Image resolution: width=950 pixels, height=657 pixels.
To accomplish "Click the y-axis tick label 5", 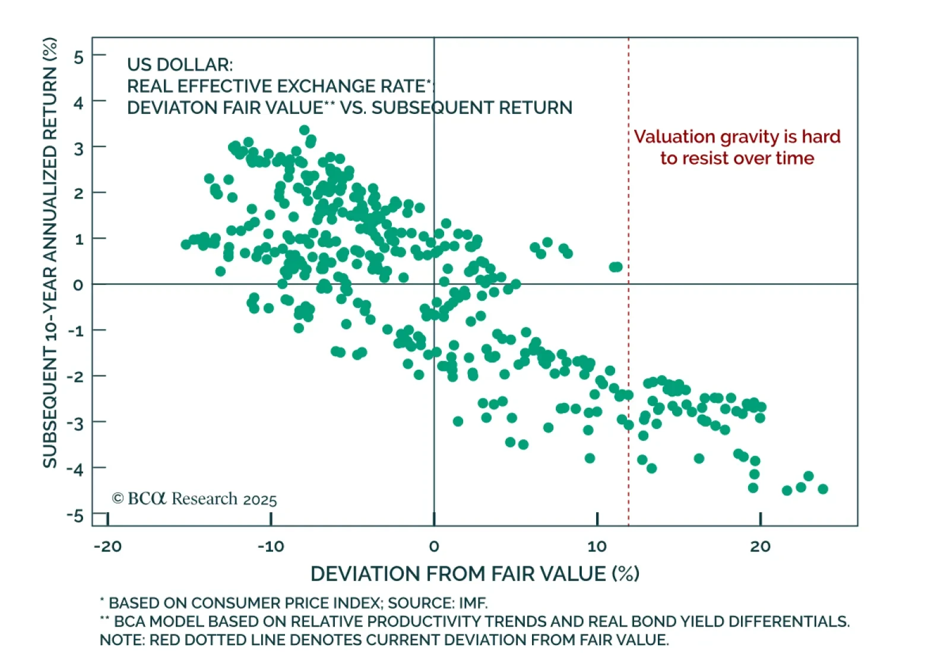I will point(78,57).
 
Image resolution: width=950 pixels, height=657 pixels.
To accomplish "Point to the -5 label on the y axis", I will point(75,515).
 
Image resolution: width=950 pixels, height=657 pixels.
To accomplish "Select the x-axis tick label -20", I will point(107,547).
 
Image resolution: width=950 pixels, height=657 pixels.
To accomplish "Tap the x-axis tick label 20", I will point(760,547).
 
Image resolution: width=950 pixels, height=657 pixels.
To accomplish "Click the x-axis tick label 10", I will point(597,547).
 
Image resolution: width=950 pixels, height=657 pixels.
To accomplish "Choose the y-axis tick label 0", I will point(78,285).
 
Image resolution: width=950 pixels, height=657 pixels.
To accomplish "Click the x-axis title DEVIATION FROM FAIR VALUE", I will point(474,574).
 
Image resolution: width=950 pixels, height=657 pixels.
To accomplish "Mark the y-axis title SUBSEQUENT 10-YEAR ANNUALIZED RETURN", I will point(50,252).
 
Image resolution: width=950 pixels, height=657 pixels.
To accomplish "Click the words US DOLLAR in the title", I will point(179,65).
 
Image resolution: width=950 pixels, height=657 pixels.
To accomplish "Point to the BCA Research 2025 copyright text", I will point(195,499).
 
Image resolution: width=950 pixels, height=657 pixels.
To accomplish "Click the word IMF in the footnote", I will point(473,603).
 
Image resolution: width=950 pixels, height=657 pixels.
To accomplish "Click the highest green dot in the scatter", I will point(305,130).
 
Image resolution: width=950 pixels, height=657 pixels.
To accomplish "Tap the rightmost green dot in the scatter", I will point(823,489).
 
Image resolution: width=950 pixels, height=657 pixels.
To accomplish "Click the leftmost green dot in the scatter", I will point(186,244).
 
